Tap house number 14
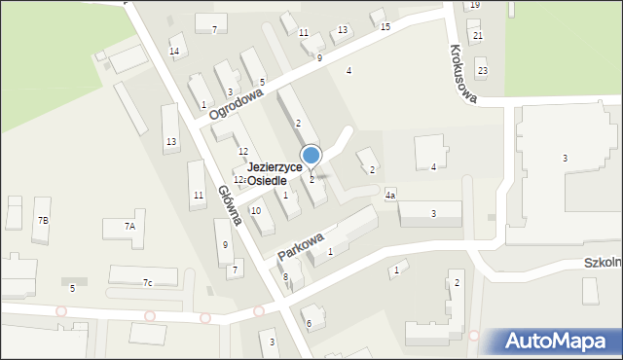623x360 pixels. pos(174,52)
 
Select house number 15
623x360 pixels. pos(385,27)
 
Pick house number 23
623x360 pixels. pos(483,71)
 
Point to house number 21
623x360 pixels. pos(477,36)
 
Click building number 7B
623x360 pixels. pos(43,221)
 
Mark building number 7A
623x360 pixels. pos(129,226)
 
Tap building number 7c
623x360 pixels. pos(148,283)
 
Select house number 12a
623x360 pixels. pos(238,180)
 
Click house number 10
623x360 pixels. pos(256,211)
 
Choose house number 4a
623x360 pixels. pos(389,196)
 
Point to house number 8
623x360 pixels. pos(285,277)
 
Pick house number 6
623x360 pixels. pos(309,324)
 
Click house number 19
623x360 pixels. pos(474,5)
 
